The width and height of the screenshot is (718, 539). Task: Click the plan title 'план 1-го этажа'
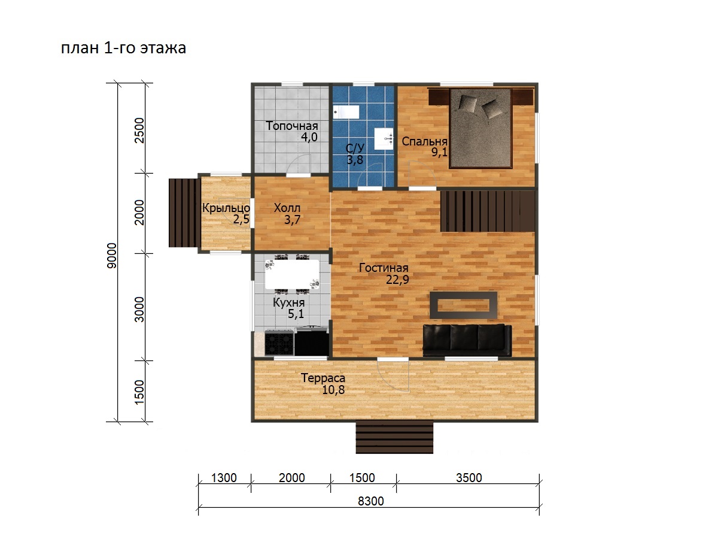(x=123, y=48)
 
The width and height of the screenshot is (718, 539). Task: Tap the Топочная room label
(x=292, y=126)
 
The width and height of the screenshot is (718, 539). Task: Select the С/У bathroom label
(x=355, y=149)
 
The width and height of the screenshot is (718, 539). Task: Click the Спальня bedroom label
(x=424, y=141)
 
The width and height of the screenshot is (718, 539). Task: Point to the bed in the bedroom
(x=480, y=128)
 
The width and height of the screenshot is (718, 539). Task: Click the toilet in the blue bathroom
(x=346, y=112)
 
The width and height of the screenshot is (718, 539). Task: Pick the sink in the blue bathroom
(x=384, y=139)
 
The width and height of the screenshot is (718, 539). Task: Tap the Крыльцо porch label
(x=226, y=208)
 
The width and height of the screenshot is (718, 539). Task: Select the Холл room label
(x=287, y=208)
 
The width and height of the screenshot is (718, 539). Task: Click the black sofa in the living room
(x=467, y=340)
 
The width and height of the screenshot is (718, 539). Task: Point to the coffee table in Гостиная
(x=464, y=305)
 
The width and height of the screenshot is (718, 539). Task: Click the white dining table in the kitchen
(x=292, y=274)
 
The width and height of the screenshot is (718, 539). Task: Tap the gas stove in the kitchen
(x=279, y=343)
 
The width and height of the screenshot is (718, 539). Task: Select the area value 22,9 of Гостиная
(x=397, y=280)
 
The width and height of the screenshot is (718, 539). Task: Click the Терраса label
(x=323, y=378)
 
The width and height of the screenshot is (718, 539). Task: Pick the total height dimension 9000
(x=112, y=256)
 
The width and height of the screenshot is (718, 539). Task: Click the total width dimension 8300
(x=370, y=501)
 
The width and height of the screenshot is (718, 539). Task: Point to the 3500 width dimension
(x=468, y=478)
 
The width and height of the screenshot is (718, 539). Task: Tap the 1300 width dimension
(x=224, y=478)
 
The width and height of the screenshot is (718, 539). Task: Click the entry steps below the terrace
(x=394, y=437)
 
